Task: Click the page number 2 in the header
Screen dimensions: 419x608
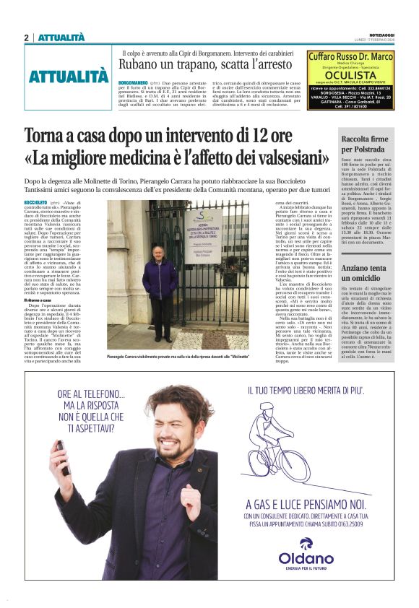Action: [27, 38]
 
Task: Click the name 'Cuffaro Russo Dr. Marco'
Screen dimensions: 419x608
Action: [350, 57]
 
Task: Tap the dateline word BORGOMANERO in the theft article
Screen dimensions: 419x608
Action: [133, 84]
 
